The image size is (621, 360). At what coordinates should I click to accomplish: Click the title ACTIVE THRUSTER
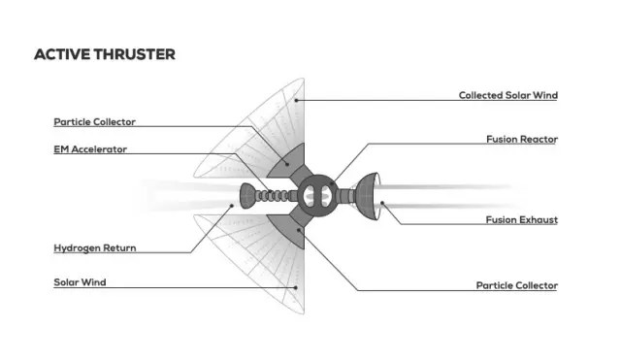(105, 54)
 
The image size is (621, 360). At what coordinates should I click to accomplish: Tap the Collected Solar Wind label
(508, 95)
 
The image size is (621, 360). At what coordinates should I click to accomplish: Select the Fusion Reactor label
(522, 139)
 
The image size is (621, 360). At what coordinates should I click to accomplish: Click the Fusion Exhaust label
(522, 219)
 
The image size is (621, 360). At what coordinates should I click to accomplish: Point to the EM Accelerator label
(90, 149)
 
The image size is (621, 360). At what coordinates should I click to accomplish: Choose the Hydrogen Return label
(95, 247)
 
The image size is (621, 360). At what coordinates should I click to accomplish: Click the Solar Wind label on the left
(80, 282)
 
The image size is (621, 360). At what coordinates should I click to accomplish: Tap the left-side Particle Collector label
(95, 121)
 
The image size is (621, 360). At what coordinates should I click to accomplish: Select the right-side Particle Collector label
(517, 285)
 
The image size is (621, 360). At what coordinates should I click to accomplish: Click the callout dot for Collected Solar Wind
(296, 100)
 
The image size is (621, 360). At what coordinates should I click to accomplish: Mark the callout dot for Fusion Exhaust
(382, 203)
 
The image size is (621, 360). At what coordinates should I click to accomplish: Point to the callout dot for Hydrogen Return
(233, 205)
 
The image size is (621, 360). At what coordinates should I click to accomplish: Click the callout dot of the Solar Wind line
(296, 287)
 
